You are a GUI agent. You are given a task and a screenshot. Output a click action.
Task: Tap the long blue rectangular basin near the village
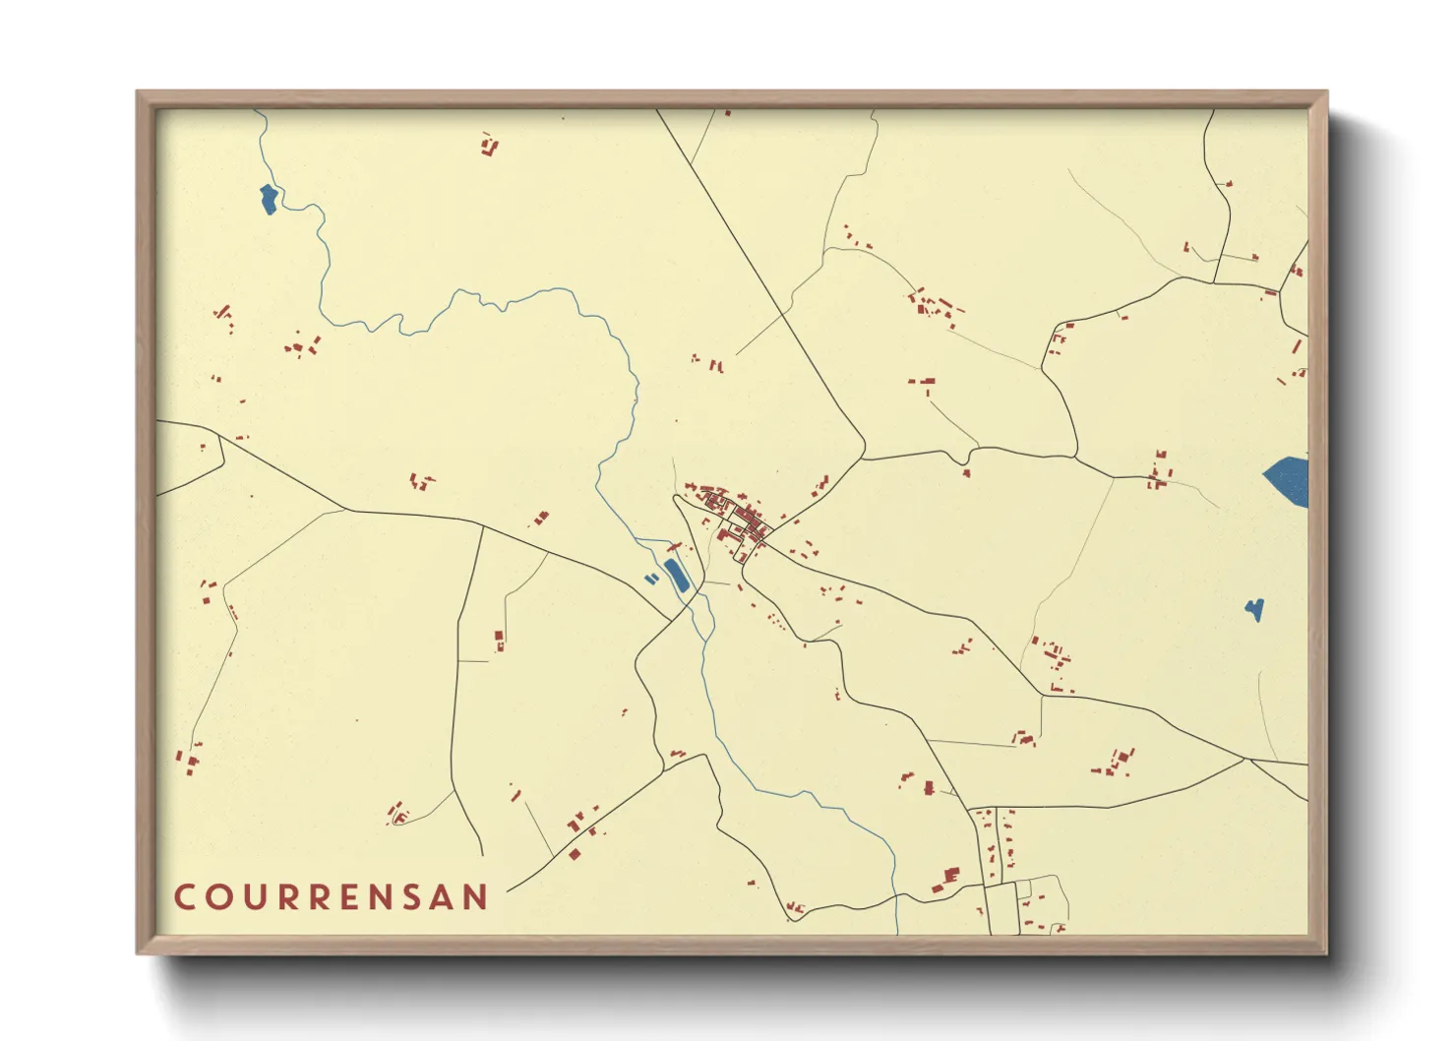pos(677,576)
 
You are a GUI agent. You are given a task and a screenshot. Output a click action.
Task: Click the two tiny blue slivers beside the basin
pos(651,580)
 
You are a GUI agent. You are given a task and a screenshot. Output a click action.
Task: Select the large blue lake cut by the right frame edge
pos(1288,480)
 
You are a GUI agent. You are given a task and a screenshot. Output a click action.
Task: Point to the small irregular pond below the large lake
pos(1254,610)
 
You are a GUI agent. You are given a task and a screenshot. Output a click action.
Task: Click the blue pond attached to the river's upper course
pos(268,200)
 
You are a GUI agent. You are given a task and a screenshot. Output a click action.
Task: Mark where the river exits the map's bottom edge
pos(897,931)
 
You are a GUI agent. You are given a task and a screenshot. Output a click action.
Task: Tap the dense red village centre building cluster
pos(736,517)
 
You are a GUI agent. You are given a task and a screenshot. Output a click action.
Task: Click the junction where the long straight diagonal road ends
pos(864,458)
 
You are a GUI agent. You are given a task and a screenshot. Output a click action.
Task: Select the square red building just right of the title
pos(575,854)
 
